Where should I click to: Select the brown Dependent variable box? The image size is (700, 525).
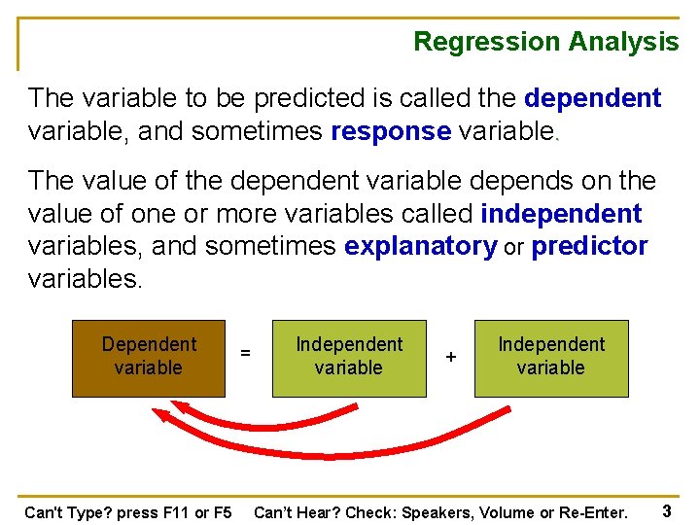[x=149, y=359]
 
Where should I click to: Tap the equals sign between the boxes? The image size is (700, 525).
[x=245, y=353]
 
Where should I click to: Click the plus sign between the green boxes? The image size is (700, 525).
[x=451, y=357]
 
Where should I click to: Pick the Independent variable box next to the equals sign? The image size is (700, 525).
[x=349, y=359]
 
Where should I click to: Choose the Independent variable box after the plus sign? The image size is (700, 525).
[x=551, y=359]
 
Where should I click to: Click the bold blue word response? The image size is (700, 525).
[x=391, y=132]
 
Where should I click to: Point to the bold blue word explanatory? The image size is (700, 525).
[x=421, y=247]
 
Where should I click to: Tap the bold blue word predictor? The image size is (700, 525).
[x=589, y=246]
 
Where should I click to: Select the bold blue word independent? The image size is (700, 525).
[x=561, y=213]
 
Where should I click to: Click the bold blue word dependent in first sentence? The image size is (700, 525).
[x=592, y=98]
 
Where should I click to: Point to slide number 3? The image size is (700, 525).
[x=667, y=510]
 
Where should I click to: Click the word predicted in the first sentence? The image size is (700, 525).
[x=309, y=98]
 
